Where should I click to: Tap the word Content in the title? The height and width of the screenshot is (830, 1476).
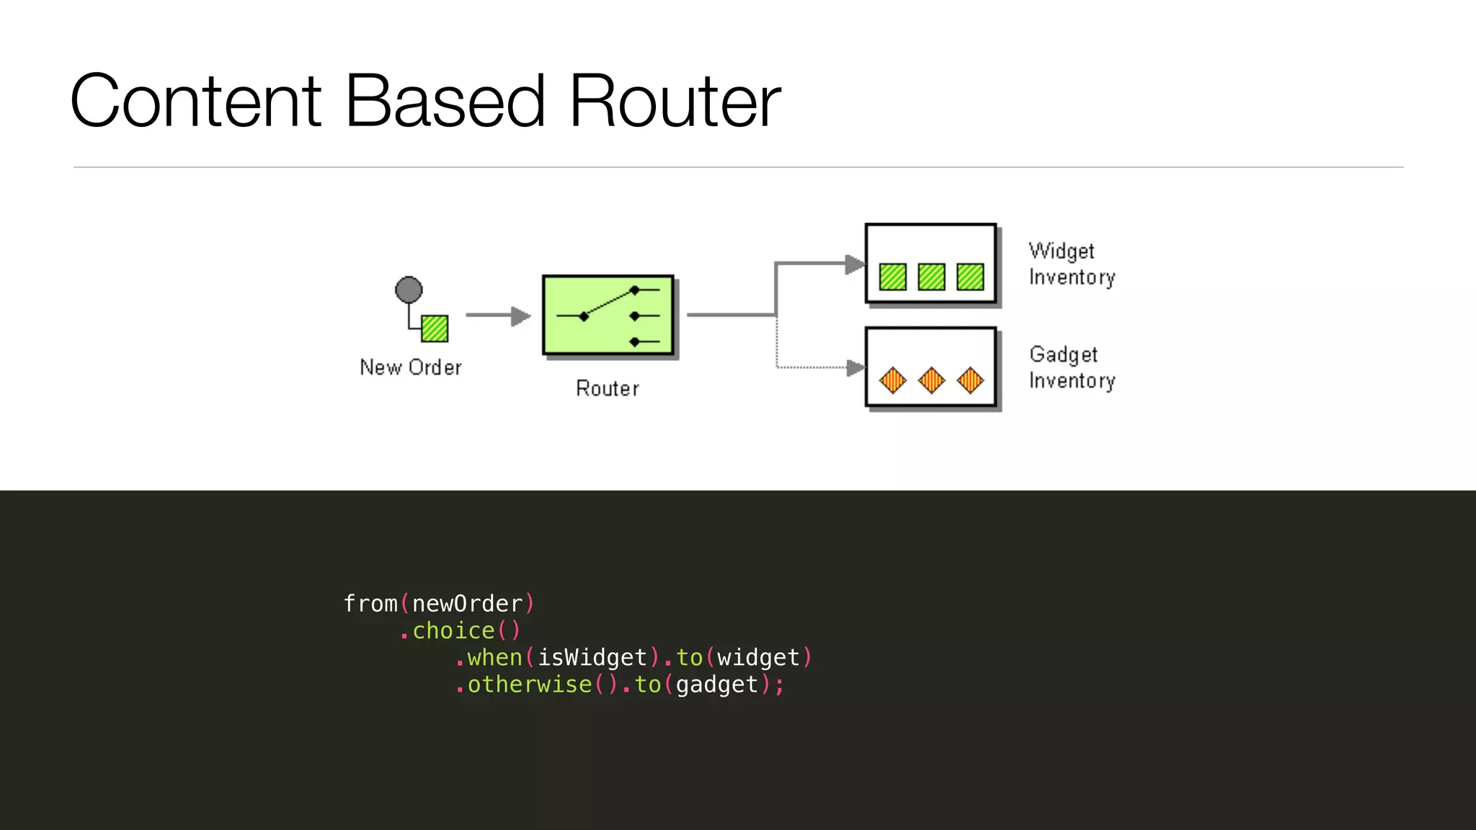195,102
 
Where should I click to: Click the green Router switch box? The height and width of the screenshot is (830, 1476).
608,315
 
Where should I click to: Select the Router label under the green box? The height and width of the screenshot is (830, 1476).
607,389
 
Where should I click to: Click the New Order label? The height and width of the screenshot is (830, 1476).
410,367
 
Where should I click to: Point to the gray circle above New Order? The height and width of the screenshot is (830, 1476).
409,290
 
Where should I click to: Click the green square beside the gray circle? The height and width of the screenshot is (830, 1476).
435,329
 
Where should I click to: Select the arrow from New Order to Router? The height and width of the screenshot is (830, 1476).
497,316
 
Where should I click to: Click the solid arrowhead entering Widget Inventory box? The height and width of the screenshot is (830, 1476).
855,264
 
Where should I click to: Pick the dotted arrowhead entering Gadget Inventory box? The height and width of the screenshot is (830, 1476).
855,368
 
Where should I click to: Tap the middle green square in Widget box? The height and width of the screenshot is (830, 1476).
931,277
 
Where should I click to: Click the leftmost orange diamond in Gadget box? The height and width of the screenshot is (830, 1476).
893,380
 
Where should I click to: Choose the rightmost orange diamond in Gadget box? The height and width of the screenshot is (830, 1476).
970,380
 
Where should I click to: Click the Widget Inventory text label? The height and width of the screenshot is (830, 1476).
1071,264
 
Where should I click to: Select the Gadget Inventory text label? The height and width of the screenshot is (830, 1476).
1071,367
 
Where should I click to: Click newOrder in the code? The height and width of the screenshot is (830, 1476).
467,604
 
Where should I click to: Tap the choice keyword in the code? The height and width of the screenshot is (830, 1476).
453,630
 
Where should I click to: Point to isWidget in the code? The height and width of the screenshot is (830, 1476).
592,658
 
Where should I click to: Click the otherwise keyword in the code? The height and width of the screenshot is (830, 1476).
530,684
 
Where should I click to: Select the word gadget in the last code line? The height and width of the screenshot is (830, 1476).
716,684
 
